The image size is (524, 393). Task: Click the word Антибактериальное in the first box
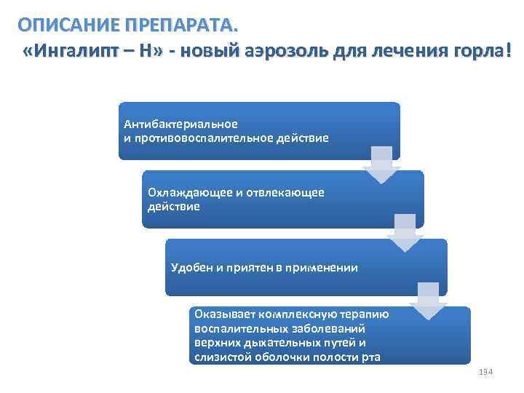pyautogui.click(x=180, y=123)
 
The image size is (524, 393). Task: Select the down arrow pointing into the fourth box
pyautogui.click(x=428, y=301)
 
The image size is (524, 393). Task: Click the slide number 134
pyautogui.click(x=486, y=373)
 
